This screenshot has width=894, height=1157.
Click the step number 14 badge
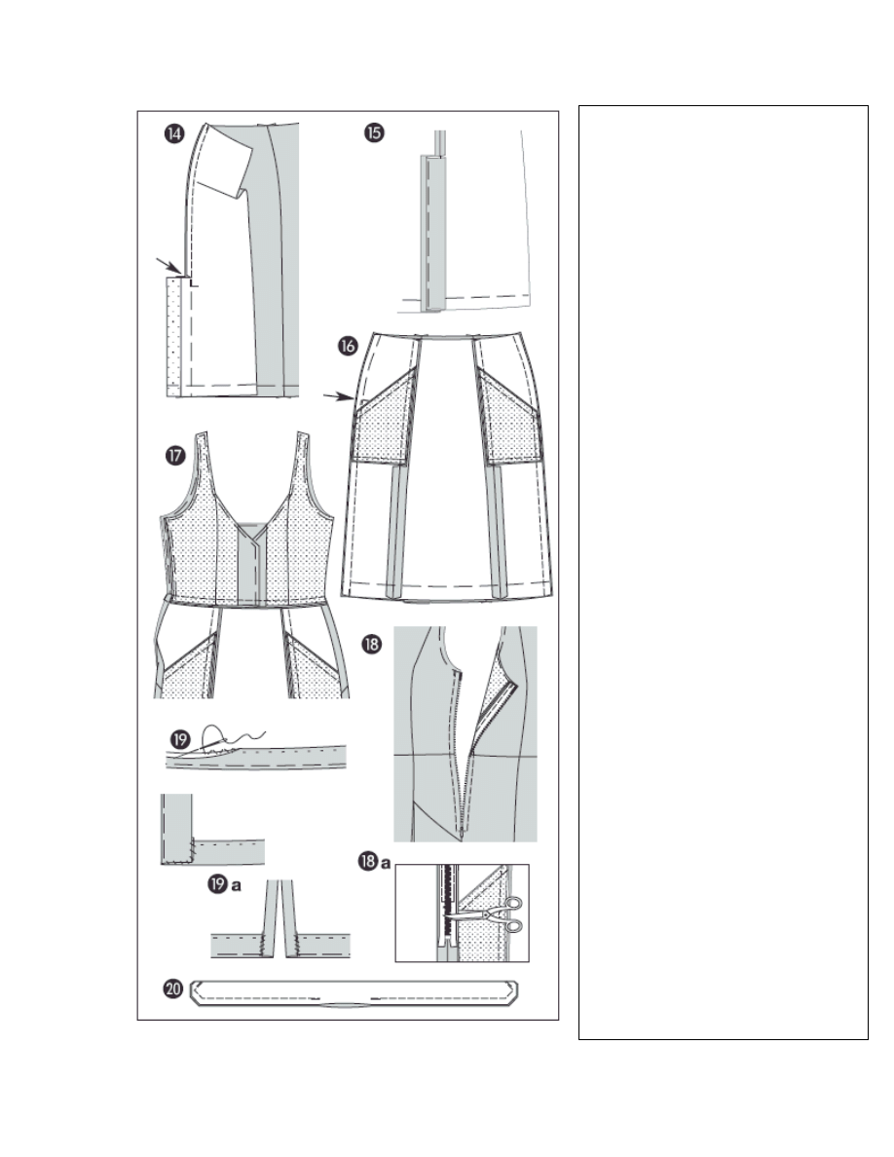(174, 133)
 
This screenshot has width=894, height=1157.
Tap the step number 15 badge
(374, 132)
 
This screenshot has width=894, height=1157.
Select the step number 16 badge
(349, 346)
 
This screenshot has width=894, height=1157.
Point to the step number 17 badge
(175, 455)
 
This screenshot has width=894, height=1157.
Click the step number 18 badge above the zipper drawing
(371, 644)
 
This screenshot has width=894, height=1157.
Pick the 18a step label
(373, 861)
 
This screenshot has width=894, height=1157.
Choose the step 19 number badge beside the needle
(180, 739)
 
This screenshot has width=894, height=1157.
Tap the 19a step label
(224, 884)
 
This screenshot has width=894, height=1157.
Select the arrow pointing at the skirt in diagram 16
(339, 397)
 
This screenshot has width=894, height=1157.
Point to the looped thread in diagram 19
(221, 737)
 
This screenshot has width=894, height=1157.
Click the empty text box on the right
(723, 573)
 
